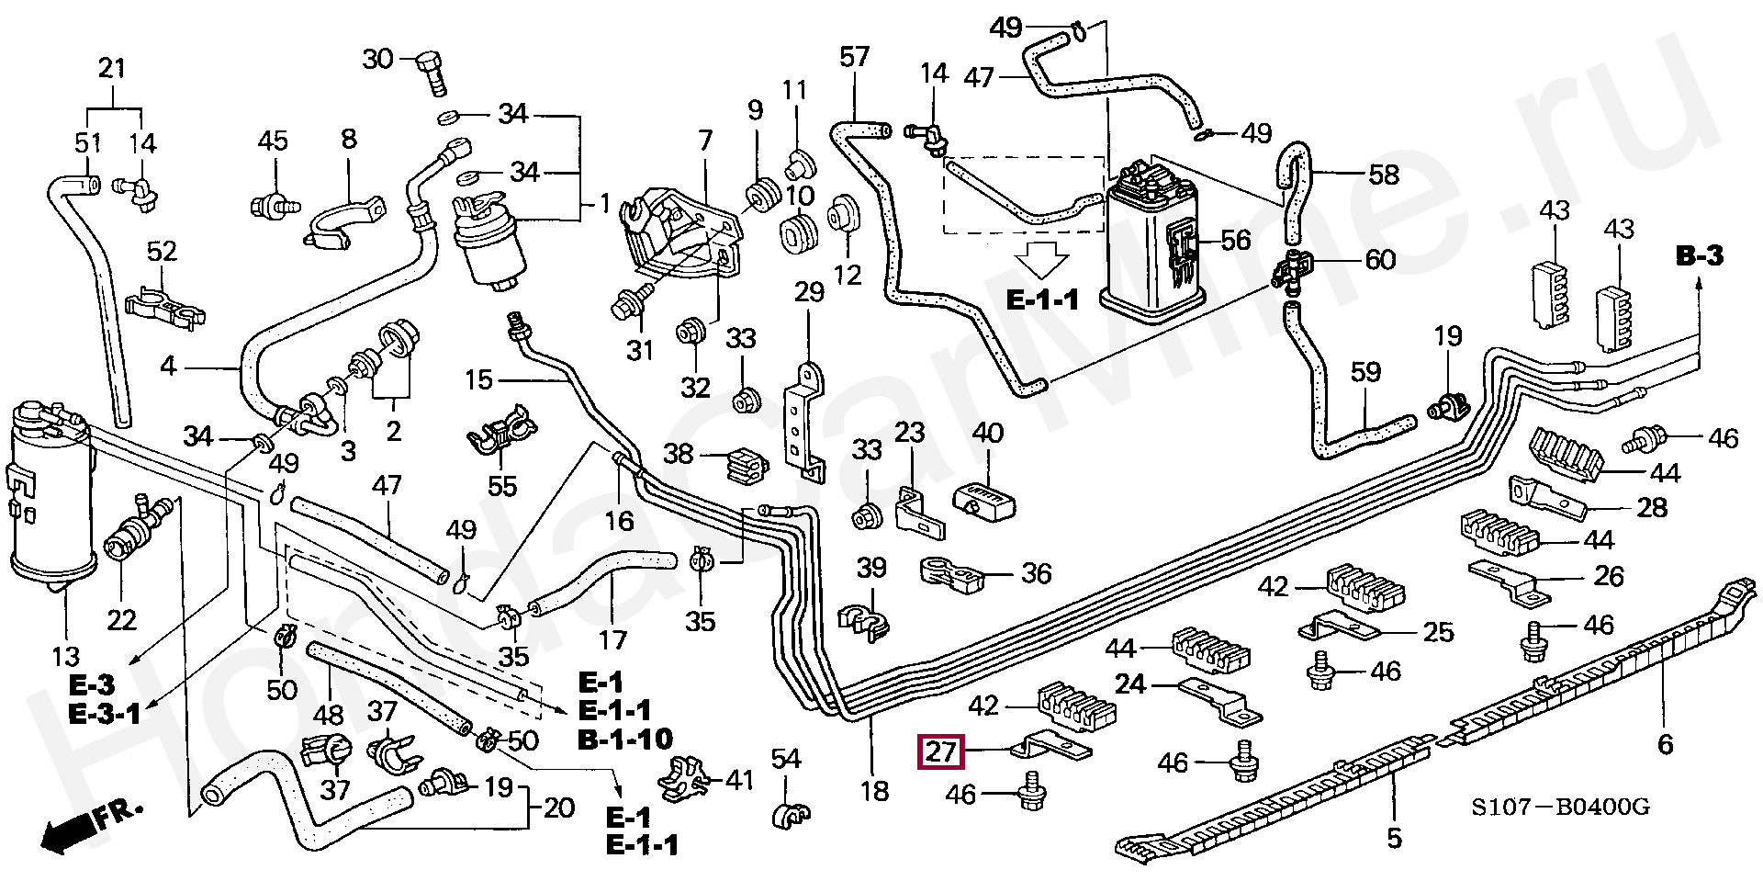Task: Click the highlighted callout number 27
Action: click(941, 752)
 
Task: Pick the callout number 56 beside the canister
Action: click(1236, 241)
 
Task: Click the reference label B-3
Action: click(1700, 256)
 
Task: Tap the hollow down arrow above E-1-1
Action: click(1041, 261)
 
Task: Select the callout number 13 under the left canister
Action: click(66, 657)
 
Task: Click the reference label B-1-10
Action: click(625, 738)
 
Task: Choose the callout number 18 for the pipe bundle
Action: click(874, 789)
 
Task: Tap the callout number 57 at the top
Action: click(854, 57)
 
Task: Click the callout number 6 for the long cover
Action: click(1665, 743)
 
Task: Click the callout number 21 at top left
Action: click(111, 68)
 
